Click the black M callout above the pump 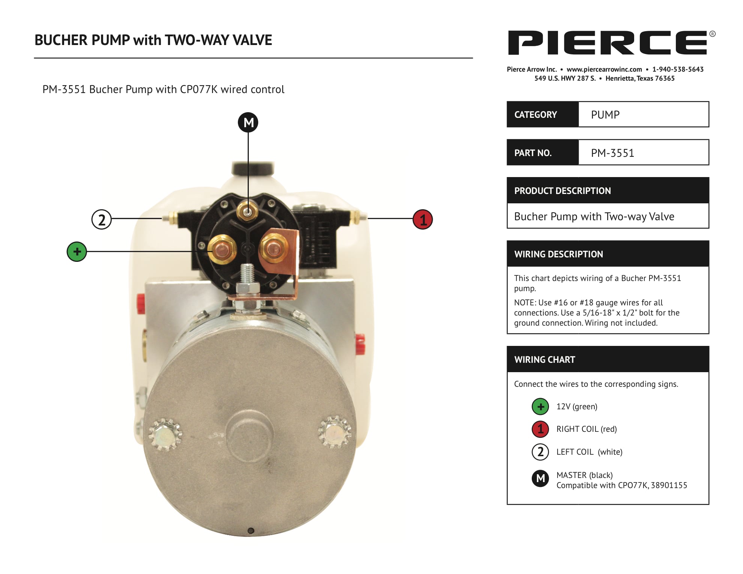pyautogui.click(x=248, y=122)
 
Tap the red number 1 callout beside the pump pyautogui.click(x=423, y=219)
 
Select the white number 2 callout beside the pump pyautogui.click(x=102, y=219)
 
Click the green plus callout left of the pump pyautogui.click(x=77, y=251)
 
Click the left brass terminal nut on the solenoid pyautogui.click(x=222, y=248)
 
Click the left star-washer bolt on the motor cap pyautogui.click(x=165, y=434)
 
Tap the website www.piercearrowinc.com pyautogui.click(x=604, y=69)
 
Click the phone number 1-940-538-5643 pyautogui.click(x=678, y=69)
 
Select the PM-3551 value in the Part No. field pyautogui.click(x=612, y=153)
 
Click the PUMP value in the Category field pyautogui.click(x=605, y=115)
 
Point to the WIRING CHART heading pyautogui.click(x=544, y=360)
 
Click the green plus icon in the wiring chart pyautogui.click(x=540, y=407)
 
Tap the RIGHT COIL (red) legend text pyautogui.click(x=587, y=429)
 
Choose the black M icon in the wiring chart pyautogui.click(x=540, y=478)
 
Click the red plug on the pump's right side pyautogui.click(x=359, y=344)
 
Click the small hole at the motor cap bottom pyautogui.click(x=251, y=530)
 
